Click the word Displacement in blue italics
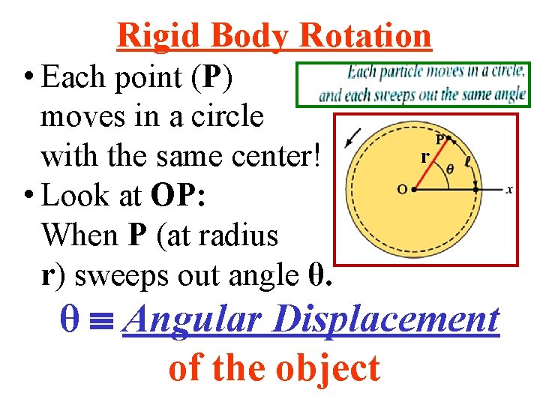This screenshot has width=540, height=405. point(385,320)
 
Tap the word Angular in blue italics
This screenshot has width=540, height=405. point(191,320)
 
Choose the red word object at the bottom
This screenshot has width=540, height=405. point(328,368)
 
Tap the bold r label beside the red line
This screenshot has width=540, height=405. point(424,157)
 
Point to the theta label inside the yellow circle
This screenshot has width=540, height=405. point(450,169)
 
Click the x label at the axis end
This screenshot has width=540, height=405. point(509,190)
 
